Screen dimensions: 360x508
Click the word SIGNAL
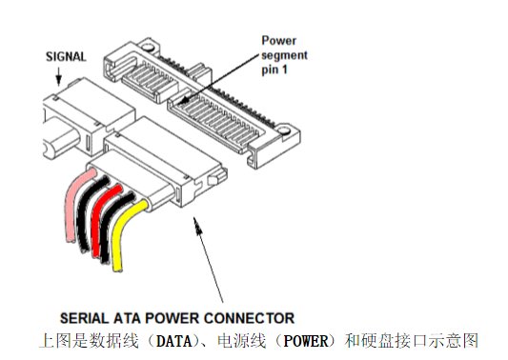[66, 55]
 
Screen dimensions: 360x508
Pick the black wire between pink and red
[84, 214]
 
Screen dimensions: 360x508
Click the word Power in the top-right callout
[280, 41]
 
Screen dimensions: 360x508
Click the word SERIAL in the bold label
[89, 317]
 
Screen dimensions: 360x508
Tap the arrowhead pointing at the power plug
[195, 221]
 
